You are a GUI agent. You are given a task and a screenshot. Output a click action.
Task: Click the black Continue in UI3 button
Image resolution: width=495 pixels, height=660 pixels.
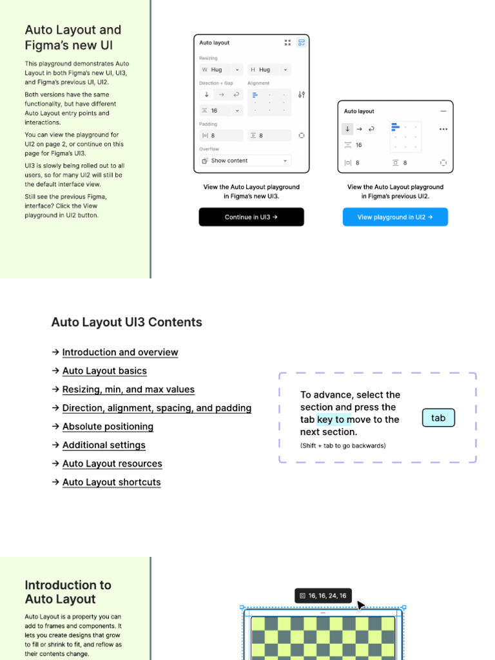[x=251, y=217]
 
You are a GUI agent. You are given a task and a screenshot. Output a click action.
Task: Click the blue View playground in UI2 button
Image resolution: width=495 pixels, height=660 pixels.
[x=394, y=217]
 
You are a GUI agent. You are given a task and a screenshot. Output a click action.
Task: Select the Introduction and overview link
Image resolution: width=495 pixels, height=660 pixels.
[x=120, y=353]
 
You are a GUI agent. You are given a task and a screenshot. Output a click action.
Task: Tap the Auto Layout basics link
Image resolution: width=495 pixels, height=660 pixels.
[x=104, y=371]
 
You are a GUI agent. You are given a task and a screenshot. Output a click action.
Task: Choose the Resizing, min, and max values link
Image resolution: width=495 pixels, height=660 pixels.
[x=128, y=390]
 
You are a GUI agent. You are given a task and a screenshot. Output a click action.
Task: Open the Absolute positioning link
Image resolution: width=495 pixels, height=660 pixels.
[x=108, y=427]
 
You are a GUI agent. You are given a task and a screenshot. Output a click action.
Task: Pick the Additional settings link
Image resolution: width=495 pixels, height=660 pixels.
[x=104, y=445]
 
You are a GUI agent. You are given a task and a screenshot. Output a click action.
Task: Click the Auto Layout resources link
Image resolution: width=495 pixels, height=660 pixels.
[x=112, y=464]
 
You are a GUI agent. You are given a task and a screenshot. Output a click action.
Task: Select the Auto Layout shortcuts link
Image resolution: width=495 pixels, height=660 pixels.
[x=112, y=483]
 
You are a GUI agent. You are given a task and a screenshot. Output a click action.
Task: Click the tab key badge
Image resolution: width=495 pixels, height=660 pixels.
[x=438, y=418]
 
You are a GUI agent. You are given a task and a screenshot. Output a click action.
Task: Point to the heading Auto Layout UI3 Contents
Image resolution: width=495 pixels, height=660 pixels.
[x=126, y=322]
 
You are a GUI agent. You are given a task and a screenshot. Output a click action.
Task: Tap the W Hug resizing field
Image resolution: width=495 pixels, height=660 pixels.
[x=221, y=70]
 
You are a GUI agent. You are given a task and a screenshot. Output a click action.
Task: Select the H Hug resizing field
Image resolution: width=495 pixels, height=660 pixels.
[x=269, y=70]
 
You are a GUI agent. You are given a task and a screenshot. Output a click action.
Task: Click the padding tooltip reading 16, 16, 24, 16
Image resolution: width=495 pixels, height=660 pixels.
[x=323, y=596]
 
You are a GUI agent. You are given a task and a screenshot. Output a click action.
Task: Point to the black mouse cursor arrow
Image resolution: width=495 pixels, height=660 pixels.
[x=360, y=605]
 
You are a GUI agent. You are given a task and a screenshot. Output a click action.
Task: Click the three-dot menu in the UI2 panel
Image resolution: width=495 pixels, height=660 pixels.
[x=443, y=129]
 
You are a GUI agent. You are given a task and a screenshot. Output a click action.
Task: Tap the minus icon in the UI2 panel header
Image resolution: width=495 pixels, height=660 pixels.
[x=443, y=112]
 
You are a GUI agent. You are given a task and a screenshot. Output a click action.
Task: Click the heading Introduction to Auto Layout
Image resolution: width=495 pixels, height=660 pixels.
[x=68, y=592]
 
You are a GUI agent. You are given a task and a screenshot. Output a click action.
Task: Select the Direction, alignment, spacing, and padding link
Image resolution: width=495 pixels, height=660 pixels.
[x=157, y=409]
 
